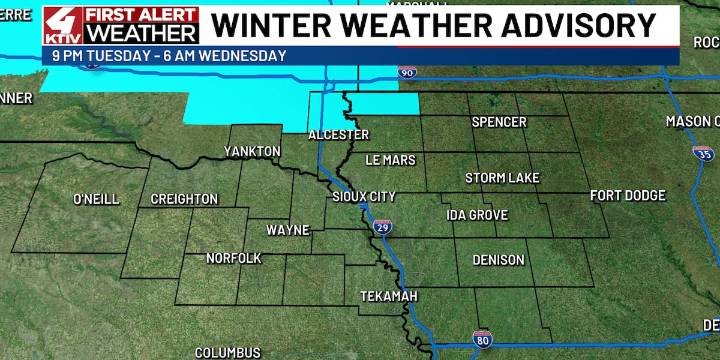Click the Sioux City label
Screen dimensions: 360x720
(x=364, y=196)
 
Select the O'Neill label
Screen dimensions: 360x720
(x=96, y=199)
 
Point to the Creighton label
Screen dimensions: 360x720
(x=184, y=199)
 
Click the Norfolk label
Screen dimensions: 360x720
(x=234, y=258)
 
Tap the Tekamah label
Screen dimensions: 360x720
(x=389, y=297)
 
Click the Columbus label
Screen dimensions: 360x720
(x=227, y=352)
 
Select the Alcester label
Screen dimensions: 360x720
(x=338, y=134)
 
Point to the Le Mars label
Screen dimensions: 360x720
(x=391, y=160)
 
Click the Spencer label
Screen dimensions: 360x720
(x=499, y=122)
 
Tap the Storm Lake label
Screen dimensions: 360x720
(x=503, y=178)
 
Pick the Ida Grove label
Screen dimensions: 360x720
(x=477, y=215)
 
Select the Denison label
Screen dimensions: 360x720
(x=498, y=260)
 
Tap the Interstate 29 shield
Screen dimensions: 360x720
(x=383, y=228)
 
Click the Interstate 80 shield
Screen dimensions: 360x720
(x=482, y=340)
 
